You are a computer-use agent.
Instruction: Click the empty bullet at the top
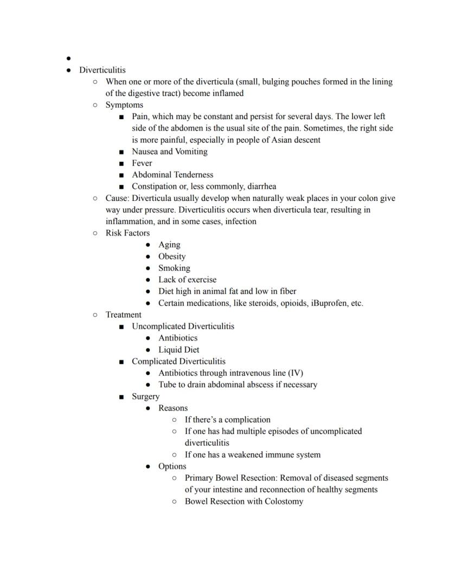pos(68,58)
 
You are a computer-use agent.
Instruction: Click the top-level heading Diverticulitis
pos(102,70)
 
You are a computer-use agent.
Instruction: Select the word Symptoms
pos(124,105)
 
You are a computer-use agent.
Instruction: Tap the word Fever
pos(142,163)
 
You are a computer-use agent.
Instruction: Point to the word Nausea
pos(145,152)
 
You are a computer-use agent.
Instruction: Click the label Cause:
pos(118,198)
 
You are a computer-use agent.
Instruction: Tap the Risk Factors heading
pos(127,233)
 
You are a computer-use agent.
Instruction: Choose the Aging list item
pos(169,245)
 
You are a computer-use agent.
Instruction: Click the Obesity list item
pos(172,256)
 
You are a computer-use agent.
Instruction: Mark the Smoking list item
pos(174,268)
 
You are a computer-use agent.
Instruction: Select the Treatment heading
pos(123,315)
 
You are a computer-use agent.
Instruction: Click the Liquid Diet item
pos(178,350)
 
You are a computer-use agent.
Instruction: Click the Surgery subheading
pos(145,396)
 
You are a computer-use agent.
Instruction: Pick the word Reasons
pos(173,408)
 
